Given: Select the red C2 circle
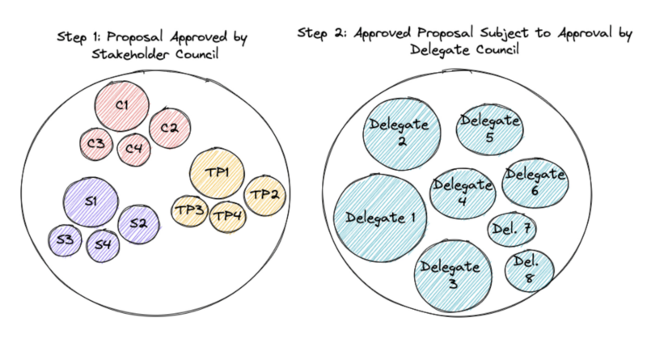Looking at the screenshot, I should point(169,128).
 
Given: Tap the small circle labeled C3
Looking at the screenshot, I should point(96,145).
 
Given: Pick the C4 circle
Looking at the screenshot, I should point(133,148).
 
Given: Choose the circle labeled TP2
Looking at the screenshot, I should point(264,195).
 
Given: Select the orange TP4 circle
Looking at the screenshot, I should point(228,215).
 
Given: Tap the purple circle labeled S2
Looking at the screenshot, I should point(138,224).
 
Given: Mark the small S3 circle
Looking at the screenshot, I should point(66,239).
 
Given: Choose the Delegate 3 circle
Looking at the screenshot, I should point(451,274).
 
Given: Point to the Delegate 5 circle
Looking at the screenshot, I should point(489,128).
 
